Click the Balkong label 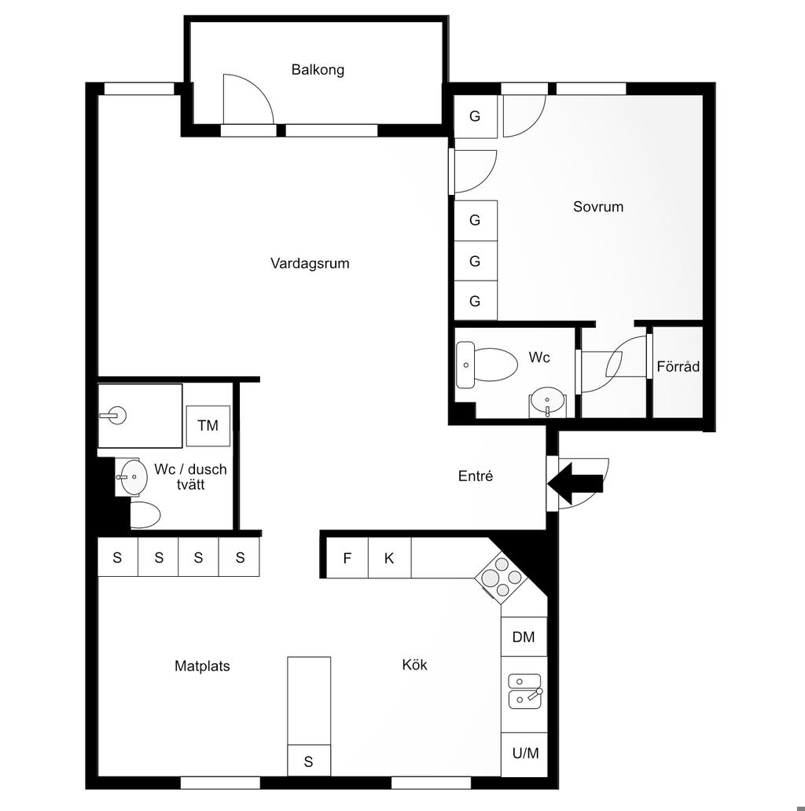318,70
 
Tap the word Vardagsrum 310,263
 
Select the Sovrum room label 598,207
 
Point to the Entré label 476,476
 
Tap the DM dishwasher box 524,637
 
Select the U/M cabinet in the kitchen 524,754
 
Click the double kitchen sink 524,691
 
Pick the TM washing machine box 208,426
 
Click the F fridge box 347,558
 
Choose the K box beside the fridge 390,558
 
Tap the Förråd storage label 678,367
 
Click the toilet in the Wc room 487,365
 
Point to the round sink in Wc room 547,402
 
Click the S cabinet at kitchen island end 309,761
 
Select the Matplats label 202,666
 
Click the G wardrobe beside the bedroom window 475,116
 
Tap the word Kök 414,665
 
